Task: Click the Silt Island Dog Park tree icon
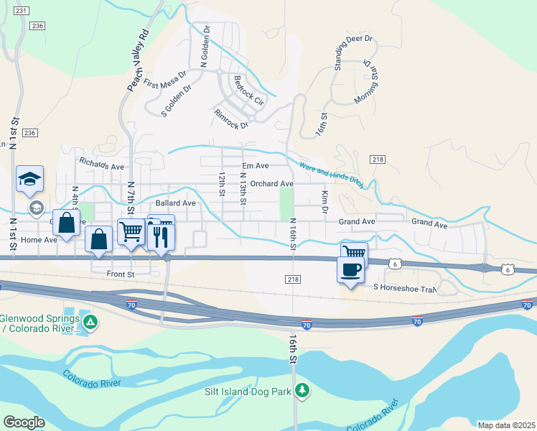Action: pyautogui.click(x=304, y=390)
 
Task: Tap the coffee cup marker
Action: pyautogui.click(x=350, y=270)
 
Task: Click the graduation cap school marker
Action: pyautogui.click(x=30, y=180)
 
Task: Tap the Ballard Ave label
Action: pyautogui.click(x=171, y=203)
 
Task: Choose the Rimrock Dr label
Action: pyautogui.click(x=230, y=119)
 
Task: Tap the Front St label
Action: pyautogui.click(x=121, y=274)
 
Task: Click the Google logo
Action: pyautogui.click(x=24, y=422)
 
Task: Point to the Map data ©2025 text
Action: pyautogui.click(x=506, y=425)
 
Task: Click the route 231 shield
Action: pyautogui.click(x=22, y=11)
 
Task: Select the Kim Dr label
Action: pyautogui.click(x=324, y=203)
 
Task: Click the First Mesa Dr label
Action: pyautogui.click(x=164, y=79)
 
